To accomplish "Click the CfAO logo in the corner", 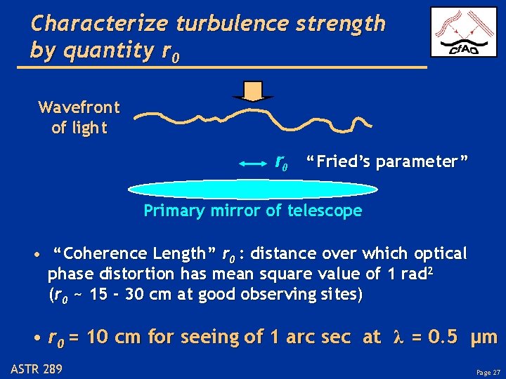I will tap(463, 32).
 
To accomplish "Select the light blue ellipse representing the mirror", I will tap(253, 189).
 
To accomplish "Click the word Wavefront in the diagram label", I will tap(79, 107).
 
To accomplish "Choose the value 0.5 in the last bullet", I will tap(443, 338).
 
